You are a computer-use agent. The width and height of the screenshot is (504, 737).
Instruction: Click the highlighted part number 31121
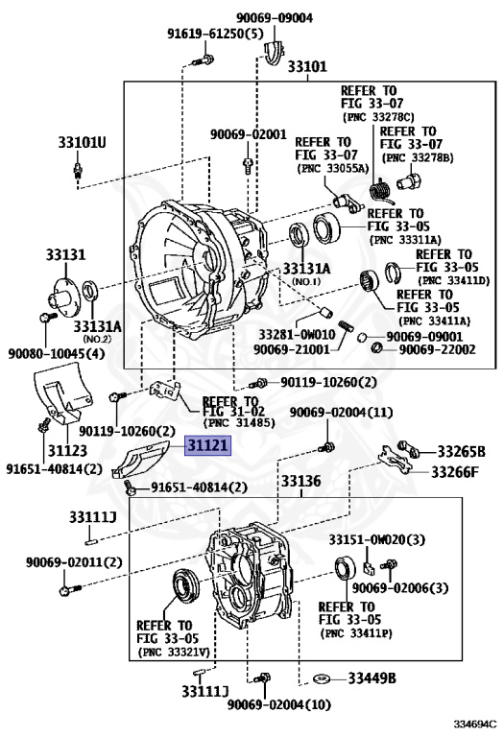208,445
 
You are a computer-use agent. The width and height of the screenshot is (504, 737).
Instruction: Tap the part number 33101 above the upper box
307,66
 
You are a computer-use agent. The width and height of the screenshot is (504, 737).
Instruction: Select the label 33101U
83,142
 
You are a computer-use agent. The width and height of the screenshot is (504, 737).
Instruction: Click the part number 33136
300,482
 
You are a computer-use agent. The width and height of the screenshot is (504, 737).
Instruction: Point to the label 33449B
372,678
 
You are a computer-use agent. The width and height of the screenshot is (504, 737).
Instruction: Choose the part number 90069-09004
275,18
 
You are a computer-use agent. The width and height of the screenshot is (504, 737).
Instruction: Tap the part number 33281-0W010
298,335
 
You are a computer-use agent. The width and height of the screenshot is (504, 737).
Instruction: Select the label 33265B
461,452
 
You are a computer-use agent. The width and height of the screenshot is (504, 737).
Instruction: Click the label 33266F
455,471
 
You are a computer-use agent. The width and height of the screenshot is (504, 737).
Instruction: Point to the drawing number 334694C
475,723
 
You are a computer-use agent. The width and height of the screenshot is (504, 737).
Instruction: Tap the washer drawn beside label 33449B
322,678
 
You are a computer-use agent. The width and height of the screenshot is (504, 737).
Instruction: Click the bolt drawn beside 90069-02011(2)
69,589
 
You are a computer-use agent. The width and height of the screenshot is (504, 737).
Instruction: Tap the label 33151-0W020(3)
376,539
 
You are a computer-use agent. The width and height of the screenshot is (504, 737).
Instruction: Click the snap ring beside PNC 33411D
393,272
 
